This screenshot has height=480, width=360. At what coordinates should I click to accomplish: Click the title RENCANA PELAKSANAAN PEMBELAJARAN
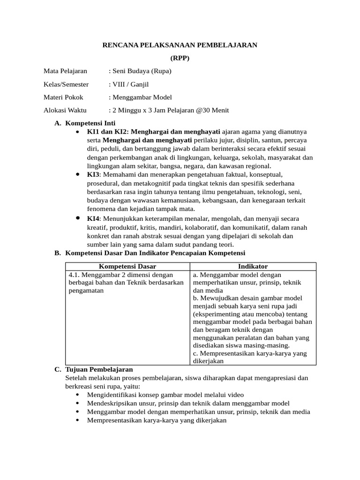click(180, 45)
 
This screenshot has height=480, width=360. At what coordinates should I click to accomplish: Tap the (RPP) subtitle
click(180, 58)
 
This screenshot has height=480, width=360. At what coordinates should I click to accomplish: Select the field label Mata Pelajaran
click(65, 71)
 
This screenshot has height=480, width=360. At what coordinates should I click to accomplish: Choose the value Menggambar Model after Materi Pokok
click(142, 97)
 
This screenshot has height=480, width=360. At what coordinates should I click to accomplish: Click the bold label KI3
click(93, 174)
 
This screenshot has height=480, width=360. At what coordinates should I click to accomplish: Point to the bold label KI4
click(93, 219)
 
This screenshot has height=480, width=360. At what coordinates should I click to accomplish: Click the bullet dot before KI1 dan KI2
click(77, 132)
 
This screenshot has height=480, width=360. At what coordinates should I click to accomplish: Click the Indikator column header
click(253, 266)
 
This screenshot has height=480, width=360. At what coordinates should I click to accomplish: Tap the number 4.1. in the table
click(75, 275)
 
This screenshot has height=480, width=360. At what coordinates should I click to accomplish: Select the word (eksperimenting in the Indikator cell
click(216, 314)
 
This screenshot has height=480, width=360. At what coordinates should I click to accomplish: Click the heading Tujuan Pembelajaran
click(99, 369)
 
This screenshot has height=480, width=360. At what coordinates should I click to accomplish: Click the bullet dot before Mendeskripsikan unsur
click(77, 404)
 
